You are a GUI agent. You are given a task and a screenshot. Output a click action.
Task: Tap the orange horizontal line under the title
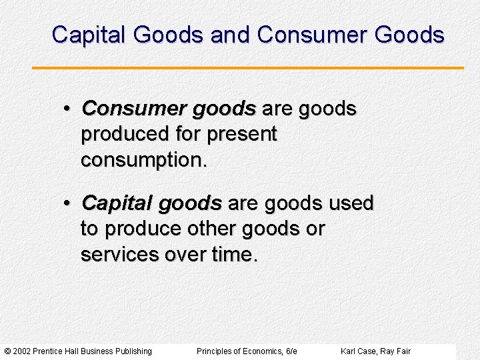pos(247,68)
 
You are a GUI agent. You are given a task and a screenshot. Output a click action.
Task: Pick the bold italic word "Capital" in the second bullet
pos(117,202)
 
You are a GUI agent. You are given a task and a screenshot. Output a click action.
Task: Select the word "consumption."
pos(144,161)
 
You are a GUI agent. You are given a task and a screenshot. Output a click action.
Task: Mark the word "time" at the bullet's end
pos(231,255)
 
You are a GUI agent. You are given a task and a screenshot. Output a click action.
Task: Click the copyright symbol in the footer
pos(7,351)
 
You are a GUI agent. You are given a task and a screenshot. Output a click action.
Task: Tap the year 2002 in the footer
pos(22,351)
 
